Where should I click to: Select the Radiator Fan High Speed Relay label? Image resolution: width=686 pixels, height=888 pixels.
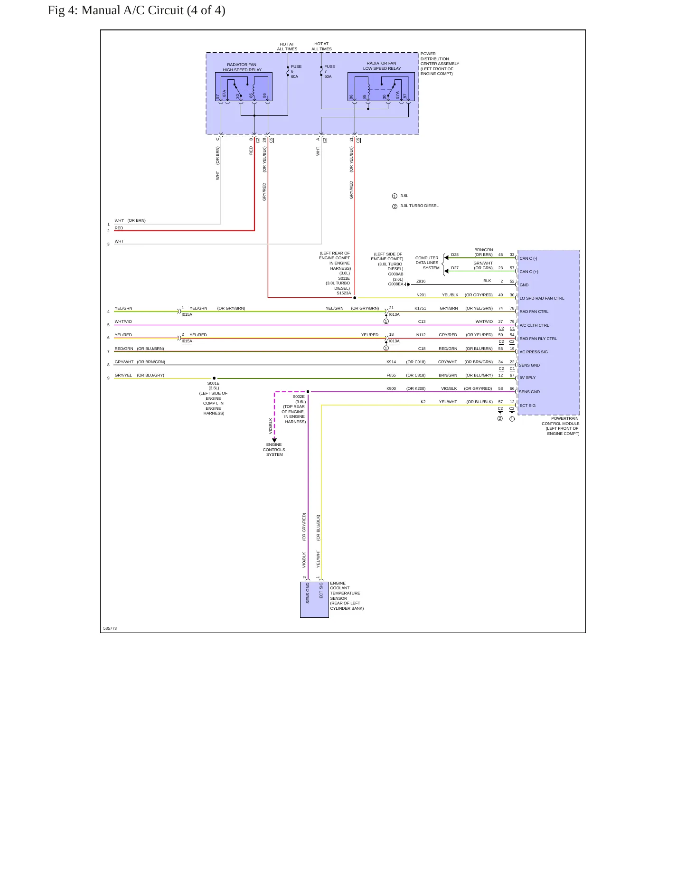(242, 67)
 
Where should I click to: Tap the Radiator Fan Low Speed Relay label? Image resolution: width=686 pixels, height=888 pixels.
(382, 66)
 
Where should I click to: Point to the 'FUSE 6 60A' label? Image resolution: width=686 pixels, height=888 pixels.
(296, 72)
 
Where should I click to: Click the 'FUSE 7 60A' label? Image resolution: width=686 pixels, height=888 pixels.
(329, 72)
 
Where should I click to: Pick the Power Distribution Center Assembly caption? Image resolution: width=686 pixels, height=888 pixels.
(440, 64)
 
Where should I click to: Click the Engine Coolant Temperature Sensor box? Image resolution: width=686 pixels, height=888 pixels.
(314, 600)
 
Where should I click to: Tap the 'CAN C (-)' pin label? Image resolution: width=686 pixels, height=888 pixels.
(528, 259)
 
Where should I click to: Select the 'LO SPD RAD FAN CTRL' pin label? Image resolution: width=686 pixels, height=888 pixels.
(542, 299)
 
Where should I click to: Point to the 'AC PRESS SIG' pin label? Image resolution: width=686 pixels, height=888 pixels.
(534, 352)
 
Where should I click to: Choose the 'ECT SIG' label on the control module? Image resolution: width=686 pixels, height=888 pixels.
(527, 406)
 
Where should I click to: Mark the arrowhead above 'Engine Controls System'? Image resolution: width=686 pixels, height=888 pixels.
(274, 440)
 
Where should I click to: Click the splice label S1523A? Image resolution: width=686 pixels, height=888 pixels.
(344, 293)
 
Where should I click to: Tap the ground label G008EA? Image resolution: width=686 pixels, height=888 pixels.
(395, 284)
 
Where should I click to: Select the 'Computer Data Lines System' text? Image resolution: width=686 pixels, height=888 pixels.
(427, 263)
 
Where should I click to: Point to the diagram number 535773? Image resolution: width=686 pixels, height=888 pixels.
(110, 628)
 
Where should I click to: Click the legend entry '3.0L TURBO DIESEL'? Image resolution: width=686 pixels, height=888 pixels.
(419, 206)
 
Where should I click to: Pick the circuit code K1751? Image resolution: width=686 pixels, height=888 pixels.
(420, 309)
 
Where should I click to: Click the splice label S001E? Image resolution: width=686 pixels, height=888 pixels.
(213, 383)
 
